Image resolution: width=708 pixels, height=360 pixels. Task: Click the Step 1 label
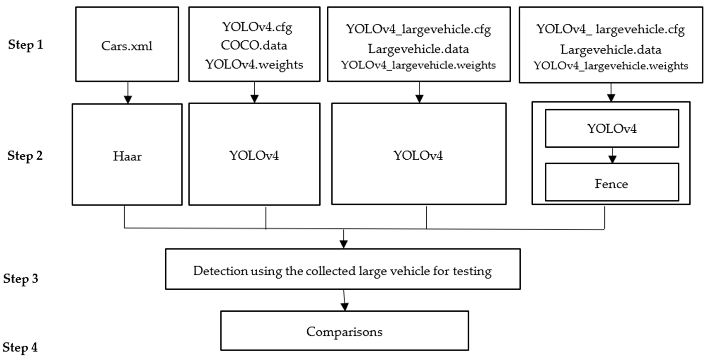26,45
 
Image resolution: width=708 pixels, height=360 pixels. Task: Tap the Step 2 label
25,156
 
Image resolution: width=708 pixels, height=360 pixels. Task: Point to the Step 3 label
21,279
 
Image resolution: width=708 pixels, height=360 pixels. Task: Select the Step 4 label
20,347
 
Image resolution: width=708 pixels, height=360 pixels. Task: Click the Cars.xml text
127,46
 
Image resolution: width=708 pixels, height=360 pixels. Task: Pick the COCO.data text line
254,46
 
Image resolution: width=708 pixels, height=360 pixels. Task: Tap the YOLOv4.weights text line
254,65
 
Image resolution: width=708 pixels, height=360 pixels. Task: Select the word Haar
127,156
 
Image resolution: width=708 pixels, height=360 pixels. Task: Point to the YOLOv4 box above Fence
612,128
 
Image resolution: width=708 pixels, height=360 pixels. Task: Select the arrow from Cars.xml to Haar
128,93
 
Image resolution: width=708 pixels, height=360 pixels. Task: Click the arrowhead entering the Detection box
343,244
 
